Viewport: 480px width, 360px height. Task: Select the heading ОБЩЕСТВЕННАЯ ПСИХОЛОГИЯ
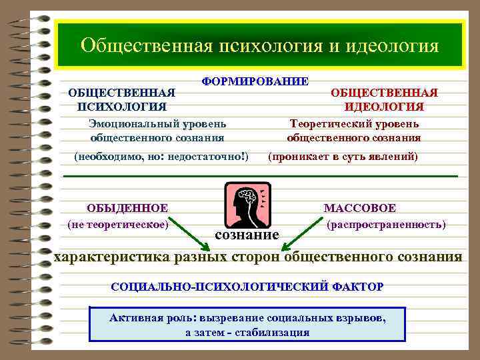122,99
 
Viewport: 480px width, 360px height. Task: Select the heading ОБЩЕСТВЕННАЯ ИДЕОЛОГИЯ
384,99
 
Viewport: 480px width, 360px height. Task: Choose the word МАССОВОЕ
359,209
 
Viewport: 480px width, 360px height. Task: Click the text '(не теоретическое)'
117,225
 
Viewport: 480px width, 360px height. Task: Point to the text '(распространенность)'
386,225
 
